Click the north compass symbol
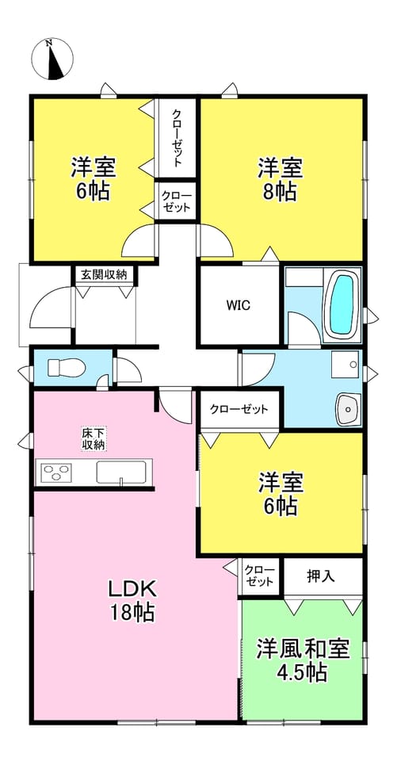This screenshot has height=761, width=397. pyautogui.click(x=52, y=59)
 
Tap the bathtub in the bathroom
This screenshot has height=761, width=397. pyautogui.click(x=342, y=304)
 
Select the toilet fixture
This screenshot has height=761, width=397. pyautogui.click(x=67, y=368)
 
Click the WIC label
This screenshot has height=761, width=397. pyautogui.click(x=238, y=306)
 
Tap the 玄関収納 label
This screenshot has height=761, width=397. pyautogui.click(x=104, y=275)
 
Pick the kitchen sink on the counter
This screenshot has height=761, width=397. pyautogui.click(x=121, y=472)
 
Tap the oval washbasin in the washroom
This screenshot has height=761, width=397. pyautogui.click(x=347, y=409)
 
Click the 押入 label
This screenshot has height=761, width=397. pyautogui.click(x=321, y=576)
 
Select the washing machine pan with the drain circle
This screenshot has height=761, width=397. pyautogui.click(x=345, y=364)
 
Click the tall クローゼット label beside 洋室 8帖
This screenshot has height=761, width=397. pyautogui.click(x=177, y=138)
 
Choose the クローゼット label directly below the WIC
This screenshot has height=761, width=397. pyautogui.click(x=239, y=409)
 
